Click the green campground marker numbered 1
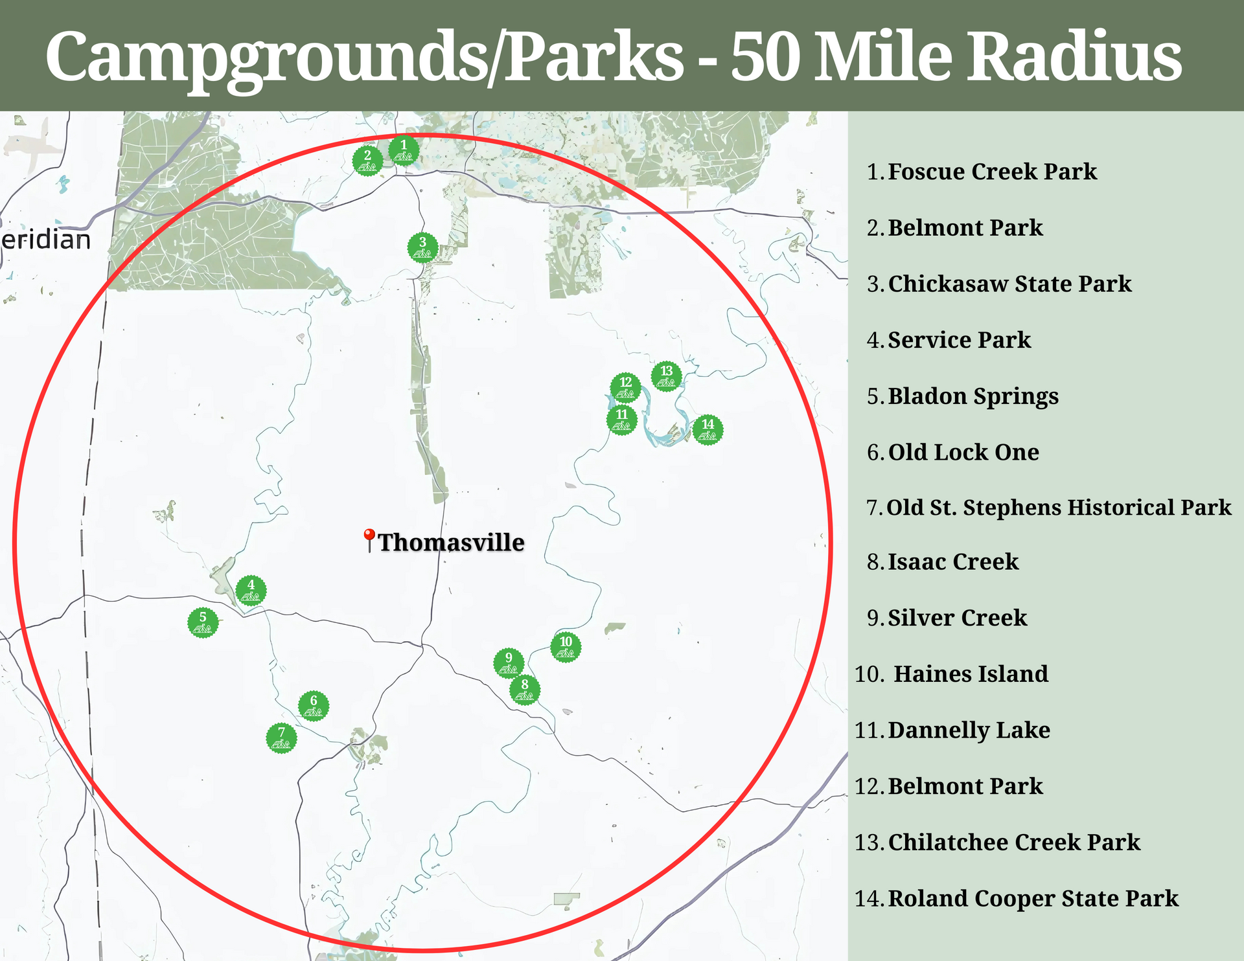click(x=404, y=150)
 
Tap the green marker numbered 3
click(x=422, y=247)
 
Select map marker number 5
click(x=203, y=622)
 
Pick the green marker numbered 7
click(x=281, y=738)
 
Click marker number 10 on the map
click(x=566, y=646)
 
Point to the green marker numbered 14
click(x=708, y=429)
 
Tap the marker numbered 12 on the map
click(x=625, y=388)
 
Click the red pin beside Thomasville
click(x=369, y=539)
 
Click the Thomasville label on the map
click(x=451, y=543)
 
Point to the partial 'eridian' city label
click(x=46, y=240)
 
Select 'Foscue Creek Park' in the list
click(x=992, y=172)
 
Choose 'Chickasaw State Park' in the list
click(x=1009, y=284)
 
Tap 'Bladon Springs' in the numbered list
click(x=973, y=396)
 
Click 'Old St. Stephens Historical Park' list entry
click(x=1059, y=508)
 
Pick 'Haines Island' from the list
click(x=971, y=674)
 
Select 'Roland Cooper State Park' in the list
click(x=1033, y=899)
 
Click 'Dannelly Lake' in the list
click(x=969, y=730)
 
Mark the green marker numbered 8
click(x=525, y=690)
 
